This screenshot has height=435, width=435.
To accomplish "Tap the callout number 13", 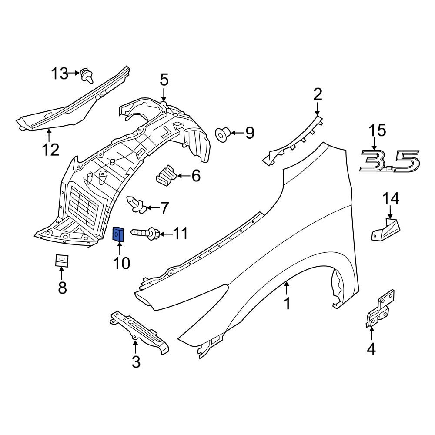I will (60, 74).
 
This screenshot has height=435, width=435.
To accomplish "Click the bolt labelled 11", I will (144, 234).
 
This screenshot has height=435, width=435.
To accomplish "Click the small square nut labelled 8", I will (62, 260).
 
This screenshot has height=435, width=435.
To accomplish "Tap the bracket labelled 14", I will (386, 229).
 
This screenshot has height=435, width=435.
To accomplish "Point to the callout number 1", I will (287, 303).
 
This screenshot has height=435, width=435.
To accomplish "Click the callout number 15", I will (377, 130).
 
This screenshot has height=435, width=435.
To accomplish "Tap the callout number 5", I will (164, 80).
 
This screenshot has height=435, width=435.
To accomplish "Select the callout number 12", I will (50, 150).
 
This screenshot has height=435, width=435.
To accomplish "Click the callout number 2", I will (318, 94).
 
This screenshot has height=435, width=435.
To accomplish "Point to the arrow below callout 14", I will (390, 213).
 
